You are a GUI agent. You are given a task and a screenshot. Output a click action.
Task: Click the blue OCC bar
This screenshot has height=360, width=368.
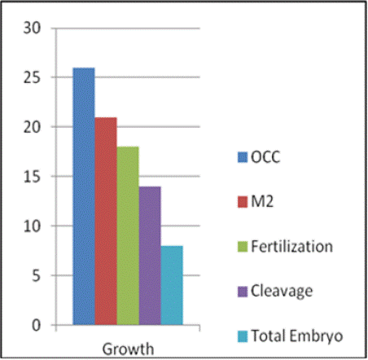(x=84, y=196)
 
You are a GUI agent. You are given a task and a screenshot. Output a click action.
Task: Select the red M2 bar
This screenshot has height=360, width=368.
(x=106, y=221)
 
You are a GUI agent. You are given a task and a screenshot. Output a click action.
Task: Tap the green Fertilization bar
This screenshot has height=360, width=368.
(x=128, y=235)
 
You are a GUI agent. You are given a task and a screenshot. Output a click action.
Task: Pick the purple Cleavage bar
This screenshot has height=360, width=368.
(x=150, y=256)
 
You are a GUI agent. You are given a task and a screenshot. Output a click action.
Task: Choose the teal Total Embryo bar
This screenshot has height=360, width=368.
(x=172, y=285)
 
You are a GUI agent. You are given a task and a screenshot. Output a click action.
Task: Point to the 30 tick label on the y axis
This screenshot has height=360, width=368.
(x=32, y=28)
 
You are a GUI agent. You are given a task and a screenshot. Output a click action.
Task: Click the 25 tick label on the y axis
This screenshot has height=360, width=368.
(x=32, y=77)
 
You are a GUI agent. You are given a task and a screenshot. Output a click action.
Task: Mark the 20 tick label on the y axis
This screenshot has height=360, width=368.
(x=32, y=127)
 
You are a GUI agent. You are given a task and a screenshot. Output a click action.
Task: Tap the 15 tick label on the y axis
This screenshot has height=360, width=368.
(x=32, y=177)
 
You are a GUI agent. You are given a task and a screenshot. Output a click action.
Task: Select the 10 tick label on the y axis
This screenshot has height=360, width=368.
(x=32, y=226)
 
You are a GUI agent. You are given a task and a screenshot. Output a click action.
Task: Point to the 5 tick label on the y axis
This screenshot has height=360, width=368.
(x=36, y=275)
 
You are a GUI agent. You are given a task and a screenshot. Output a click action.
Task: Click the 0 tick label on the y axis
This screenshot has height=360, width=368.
(x=36, y=325)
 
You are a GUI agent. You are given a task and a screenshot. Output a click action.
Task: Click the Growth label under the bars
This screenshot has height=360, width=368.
(x=128, y=349)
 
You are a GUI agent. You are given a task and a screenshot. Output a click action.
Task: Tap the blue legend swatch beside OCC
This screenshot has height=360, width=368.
(x=243, y=157)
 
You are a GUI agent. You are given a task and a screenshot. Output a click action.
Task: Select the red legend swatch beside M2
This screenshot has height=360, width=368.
(x=243, y=202)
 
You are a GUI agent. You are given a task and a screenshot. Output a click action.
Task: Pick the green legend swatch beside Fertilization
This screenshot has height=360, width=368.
(x=243, y=247)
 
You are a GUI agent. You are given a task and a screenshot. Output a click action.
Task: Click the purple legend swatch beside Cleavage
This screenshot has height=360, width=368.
(x=243, y=292)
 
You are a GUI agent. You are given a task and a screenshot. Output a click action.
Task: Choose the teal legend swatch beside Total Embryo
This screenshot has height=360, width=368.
(x=243, y=336)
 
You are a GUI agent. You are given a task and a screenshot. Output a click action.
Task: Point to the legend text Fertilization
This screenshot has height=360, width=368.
(x=291, y=246)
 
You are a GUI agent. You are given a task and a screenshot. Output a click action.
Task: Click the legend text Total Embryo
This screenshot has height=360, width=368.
(x=297, y=336)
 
